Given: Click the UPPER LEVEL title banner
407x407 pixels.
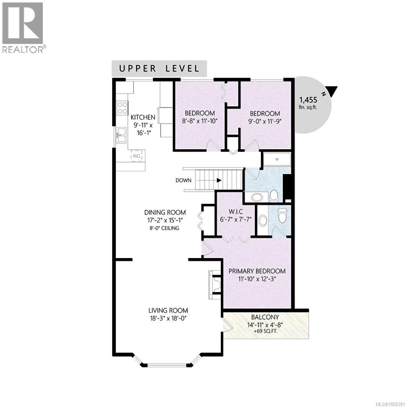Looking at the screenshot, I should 159,69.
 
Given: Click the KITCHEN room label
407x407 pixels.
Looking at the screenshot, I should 143,117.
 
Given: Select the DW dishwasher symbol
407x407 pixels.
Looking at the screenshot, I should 136,156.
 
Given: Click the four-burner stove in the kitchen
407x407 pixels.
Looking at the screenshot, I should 122,108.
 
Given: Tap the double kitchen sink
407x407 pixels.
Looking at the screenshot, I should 121,136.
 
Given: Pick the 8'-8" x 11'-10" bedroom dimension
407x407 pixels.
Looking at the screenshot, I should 199,120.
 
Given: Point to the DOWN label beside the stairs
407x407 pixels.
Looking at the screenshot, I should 183,180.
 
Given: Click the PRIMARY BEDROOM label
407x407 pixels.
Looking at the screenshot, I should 257,271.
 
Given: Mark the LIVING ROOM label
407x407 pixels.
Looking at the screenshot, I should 168,310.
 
